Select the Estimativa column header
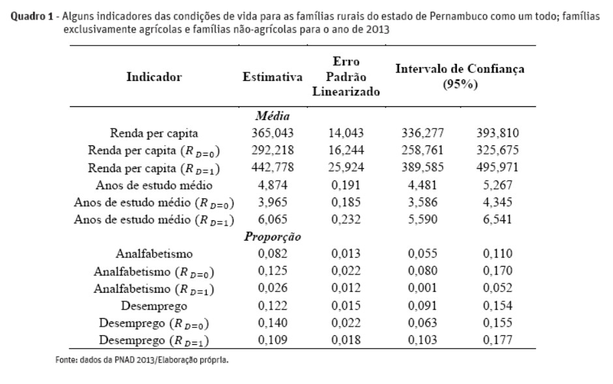pyautogui.click(x=272, y=78)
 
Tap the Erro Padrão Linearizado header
pyautogui.click(x=346, y=76)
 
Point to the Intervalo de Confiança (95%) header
pyautogui.click(x=460, y=76)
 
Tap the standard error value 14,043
pyautogui.click(x=346, y=134)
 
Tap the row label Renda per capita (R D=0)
pyautogui.click(x=154, y=151)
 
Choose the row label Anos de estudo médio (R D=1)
pyautogui.click(x=154, y=220)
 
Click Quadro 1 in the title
pyautogui.click(x=32, y=19)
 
